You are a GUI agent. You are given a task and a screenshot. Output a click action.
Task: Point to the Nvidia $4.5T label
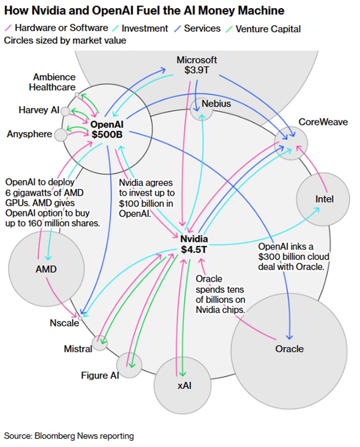click(194, 244)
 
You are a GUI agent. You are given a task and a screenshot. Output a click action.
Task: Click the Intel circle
click(324, 199)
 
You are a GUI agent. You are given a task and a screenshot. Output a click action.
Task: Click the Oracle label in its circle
click(289, 349)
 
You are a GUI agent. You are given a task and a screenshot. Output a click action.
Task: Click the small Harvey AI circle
click(65, 111)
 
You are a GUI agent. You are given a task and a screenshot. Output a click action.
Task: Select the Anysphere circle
click(61, 135)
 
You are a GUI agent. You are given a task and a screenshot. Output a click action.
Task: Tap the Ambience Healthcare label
click(52, 82)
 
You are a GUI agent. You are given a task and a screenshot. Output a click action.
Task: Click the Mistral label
click(78, 349)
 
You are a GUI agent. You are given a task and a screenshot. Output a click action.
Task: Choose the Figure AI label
click(100, 375)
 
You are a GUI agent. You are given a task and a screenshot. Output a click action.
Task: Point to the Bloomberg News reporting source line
click(69, 436)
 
